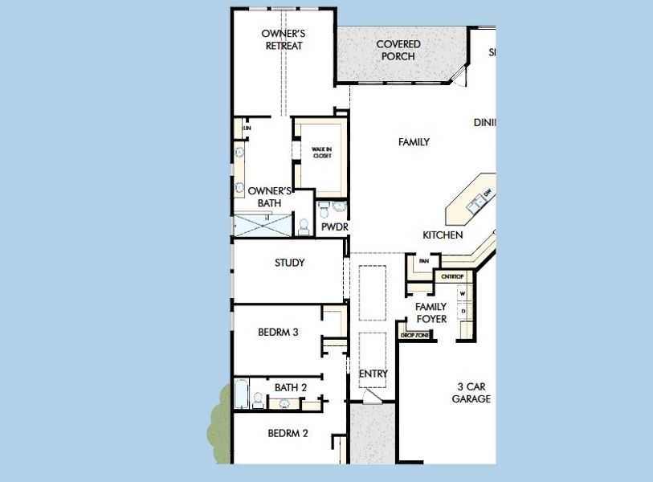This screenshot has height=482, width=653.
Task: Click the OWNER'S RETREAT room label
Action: pyautogui.click(x=284, y=39)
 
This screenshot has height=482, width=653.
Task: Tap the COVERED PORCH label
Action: pyautogui.click(x=398, y=50)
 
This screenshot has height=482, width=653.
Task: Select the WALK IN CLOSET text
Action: pyautogui.click(x=321, y=151)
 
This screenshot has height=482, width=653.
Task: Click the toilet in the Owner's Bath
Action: pyautogui.click(x=304, y=227)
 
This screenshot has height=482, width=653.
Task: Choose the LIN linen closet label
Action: pyautogui.click(x=247, y=128)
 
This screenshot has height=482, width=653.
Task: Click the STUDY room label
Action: pyautogui.click(x=289, y=263)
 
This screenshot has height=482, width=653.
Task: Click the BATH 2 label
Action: pyautogui.click(x=291, y=387)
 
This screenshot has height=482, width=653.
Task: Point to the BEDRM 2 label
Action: pyautogui.click(x=288, y=433)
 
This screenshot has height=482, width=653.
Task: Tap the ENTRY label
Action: pyautogui.click(x=373, y=374)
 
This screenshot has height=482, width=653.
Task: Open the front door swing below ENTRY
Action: pyautogui.click(x=371, y=397)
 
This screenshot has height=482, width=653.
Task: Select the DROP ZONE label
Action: pyautogui.click(x=414, y=335)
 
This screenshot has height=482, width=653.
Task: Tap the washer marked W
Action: pyautogui.click(x=463, y=294)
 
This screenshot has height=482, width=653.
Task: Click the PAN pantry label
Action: pyautogui.click(x=424, y=261)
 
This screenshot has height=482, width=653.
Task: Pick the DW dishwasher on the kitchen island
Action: pyautogui.click(x=487, y=193)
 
